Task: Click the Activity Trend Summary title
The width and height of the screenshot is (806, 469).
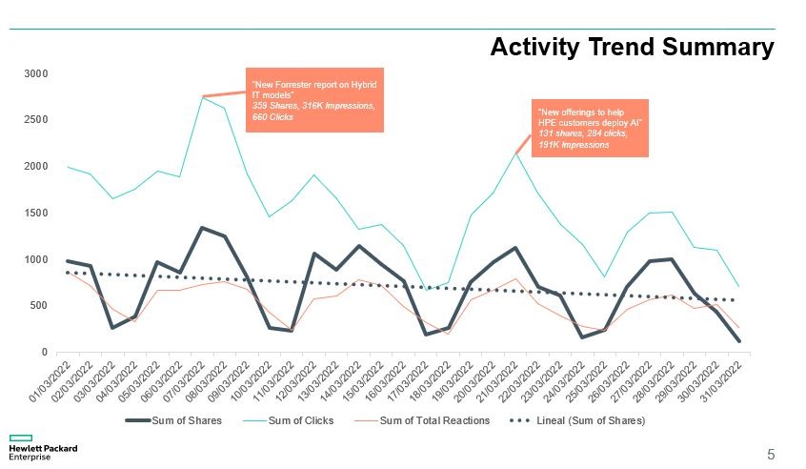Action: point(631,48)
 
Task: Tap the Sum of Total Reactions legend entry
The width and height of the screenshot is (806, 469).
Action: point(434,420)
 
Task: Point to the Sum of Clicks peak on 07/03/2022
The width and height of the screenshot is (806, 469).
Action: point(203,97)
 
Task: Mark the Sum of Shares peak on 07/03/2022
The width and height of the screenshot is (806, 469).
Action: point(203,228)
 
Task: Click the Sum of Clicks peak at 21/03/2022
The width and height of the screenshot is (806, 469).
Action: point(516,153)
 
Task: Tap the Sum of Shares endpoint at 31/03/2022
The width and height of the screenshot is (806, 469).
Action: point(738,340)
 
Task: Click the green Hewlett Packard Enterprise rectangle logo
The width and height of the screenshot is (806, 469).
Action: point(21,438)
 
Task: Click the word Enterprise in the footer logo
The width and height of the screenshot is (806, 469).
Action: point(30,458)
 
